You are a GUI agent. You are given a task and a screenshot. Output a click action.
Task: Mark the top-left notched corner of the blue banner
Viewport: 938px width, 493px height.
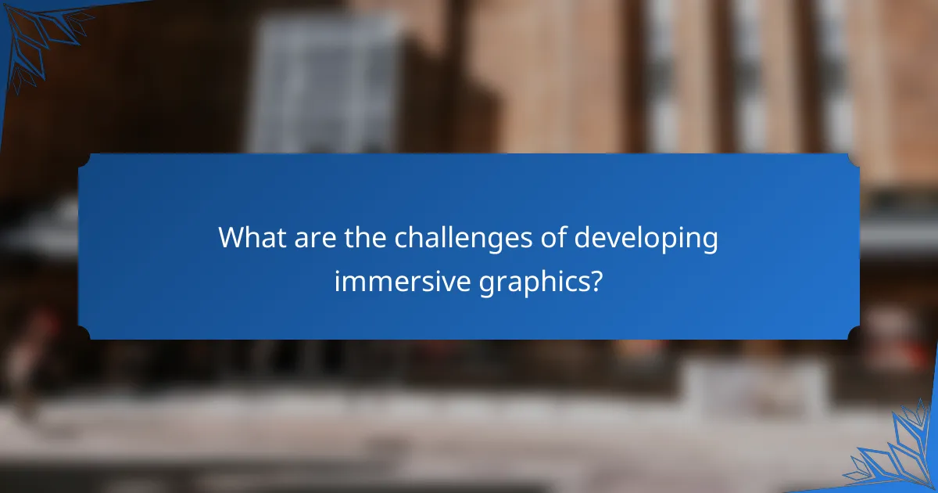83,158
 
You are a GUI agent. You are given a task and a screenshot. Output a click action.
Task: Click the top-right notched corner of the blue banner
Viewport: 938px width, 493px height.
854,158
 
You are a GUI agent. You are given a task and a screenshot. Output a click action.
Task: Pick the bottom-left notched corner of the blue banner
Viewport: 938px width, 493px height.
83,334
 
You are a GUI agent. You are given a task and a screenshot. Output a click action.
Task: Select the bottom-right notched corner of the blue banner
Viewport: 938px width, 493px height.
854,334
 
